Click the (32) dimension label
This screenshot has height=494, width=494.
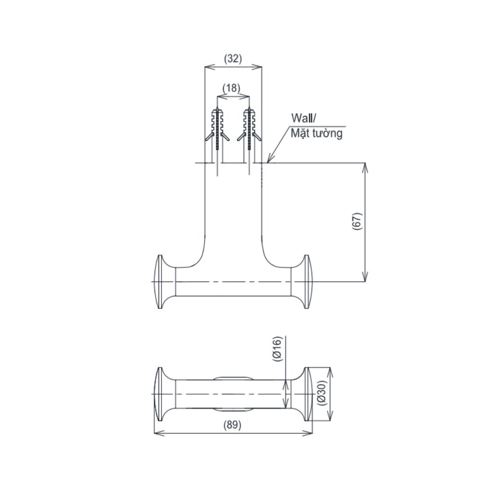(233, 59)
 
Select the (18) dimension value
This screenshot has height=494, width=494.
(232, 88)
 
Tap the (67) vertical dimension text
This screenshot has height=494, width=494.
(357, 222)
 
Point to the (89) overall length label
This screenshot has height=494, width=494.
(233, 425)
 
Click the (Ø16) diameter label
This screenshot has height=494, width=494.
(277, 349)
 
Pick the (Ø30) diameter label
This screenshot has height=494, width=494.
(322, 394)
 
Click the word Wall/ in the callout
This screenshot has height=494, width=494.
(304, 119)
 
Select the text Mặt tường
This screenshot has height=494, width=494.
(316, 133)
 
